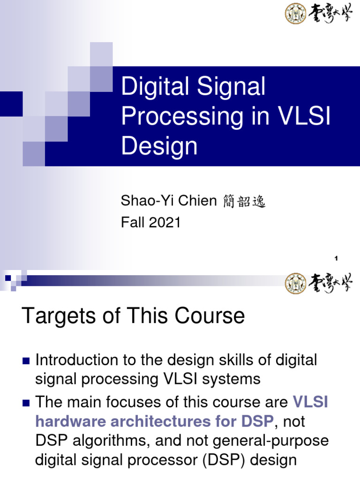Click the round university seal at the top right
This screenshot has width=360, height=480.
[x=295, y=14]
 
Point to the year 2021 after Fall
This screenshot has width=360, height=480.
[x=165, y=223]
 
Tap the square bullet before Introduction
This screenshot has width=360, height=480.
[x=26, y=361]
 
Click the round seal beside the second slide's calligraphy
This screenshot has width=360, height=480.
[x=295, y=284]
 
